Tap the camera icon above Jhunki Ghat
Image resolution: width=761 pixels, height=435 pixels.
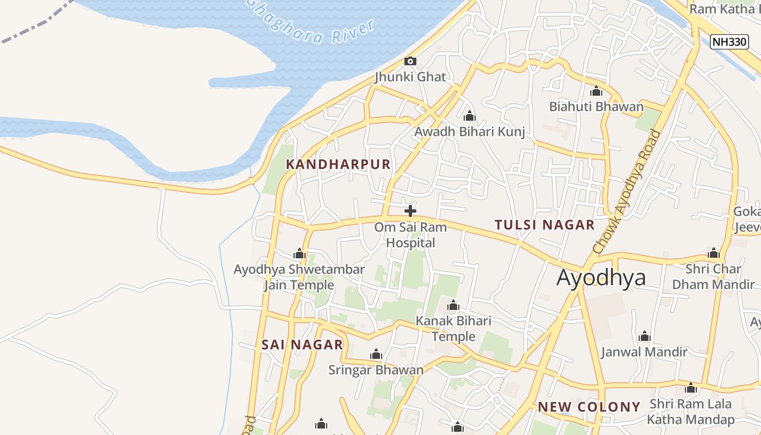pyautogui.click(x=410, y=61)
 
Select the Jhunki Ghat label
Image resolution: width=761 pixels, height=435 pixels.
pyautogui.click(x=410, y=77)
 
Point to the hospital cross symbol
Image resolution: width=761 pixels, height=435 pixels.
pyautogui.click(x=410, y=211)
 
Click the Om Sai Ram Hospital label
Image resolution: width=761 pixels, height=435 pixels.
pyautogui.click(x=410, y=234)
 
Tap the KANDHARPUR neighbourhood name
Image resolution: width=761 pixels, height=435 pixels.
pyautogui.click(x=338, y=164)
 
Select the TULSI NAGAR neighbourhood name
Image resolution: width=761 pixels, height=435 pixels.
pyautogui.click(x=545, y=225)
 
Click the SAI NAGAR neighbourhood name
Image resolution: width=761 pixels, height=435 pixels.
pyautogui.click(x=302, y=344)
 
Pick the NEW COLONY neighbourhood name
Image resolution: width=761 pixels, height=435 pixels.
pyautogui.click(x=589, y=407)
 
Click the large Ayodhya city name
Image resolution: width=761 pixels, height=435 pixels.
pyautogui.click(x=601, y=277)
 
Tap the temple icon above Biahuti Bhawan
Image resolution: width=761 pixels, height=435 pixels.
pyautogui.click(x=596, y=91)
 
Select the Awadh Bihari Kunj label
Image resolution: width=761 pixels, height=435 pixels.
pyautogui.click(x=470, y=132)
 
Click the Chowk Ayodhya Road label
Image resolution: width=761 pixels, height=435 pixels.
pyautogui.click(x=629, y=191)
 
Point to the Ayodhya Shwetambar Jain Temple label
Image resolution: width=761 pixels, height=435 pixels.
pyautogui.click(x=299, y=277)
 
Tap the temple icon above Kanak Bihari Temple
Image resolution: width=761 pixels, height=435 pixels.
pyautogui.click(x=453, y=306)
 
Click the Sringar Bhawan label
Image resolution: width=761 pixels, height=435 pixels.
pyautogui.click(x=376, y=370)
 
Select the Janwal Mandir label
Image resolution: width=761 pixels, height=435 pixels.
pyautogui.click(x=644, y=352)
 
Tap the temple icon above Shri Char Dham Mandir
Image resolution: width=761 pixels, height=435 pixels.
pyautogui.click(x=713, y=253)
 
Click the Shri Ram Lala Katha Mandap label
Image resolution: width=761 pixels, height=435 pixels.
pyautogui.click(x=690, y=412)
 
